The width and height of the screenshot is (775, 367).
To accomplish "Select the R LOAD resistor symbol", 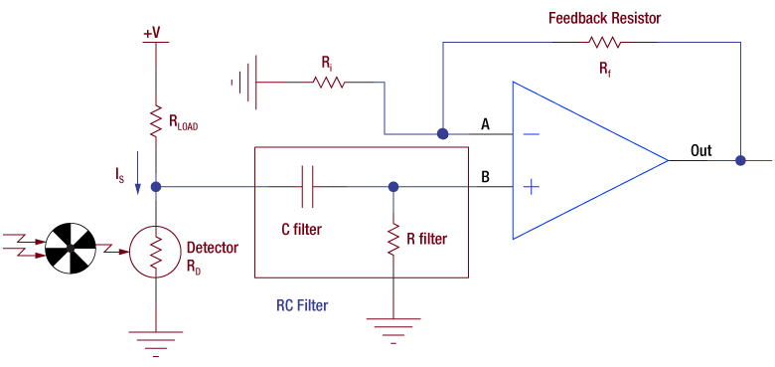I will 156,121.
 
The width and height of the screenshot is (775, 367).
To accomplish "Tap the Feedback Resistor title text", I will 604,19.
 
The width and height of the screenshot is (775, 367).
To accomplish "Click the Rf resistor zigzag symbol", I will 604,43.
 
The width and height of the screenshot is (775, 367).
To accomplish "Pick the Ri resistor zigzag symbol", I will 330,84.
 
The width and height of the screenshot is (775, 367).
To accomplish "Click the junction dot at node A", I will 442,133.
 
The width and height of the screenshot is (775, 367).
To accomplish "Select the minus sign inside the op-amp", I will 532,133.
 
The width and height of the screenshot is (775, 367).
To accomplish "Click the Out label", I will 701,151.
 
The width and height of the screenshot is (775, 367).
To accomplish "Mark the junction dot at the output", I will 740,159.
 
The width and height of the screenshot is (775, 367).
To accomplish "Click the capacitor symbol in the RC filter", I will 307,186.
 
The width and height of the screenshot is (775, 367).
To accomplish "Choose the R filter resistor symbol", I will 393,239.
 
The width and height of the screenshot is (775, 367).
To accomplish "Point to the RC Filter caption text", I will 302,305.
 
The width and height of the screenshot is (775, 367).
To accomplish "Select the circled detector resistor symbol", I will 156,255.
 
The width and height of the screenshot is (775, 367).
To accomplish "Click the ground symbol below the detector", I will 156,339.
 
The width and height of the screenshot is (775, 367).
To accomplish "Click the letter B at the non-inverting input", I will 485,177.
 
